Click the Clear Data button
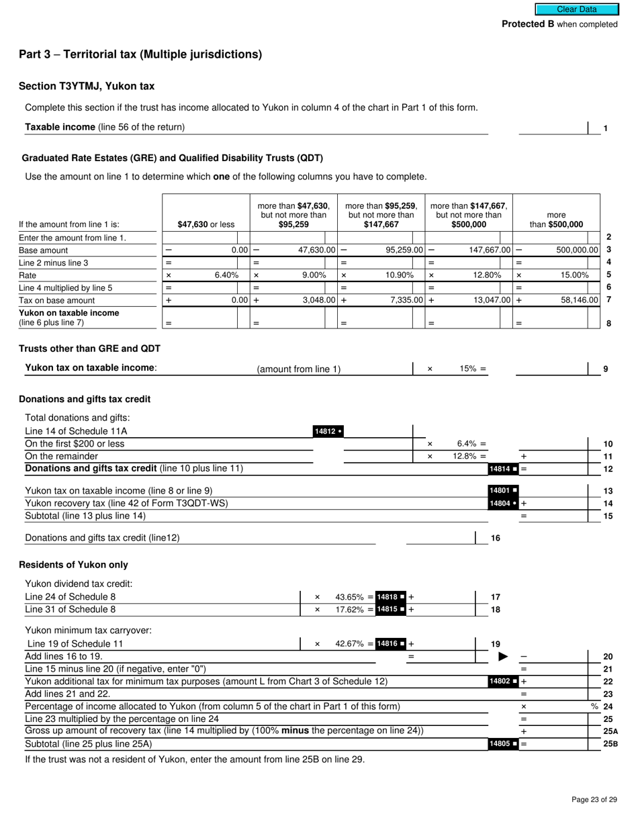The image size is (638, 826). tap(576, 9)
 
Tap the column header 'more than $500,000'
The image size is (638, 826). tap(556, 220)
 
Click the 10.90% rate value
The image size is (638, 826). tap(401, 275)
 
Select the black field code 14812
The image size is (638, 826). tap(328, 431)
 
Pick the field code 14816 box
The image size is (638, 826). tap(391, 643)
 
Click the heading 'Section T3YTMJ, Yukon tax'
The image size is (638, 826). tap(87, 86)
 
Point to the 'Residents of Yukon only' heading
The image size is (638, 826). tap(73, 565)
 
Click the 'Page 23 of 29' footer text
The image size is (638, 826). tap(594, 799)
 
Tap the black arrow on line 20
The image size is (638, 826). tap(503, 656)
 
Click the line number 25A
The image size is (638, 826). tap(610, 731)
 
